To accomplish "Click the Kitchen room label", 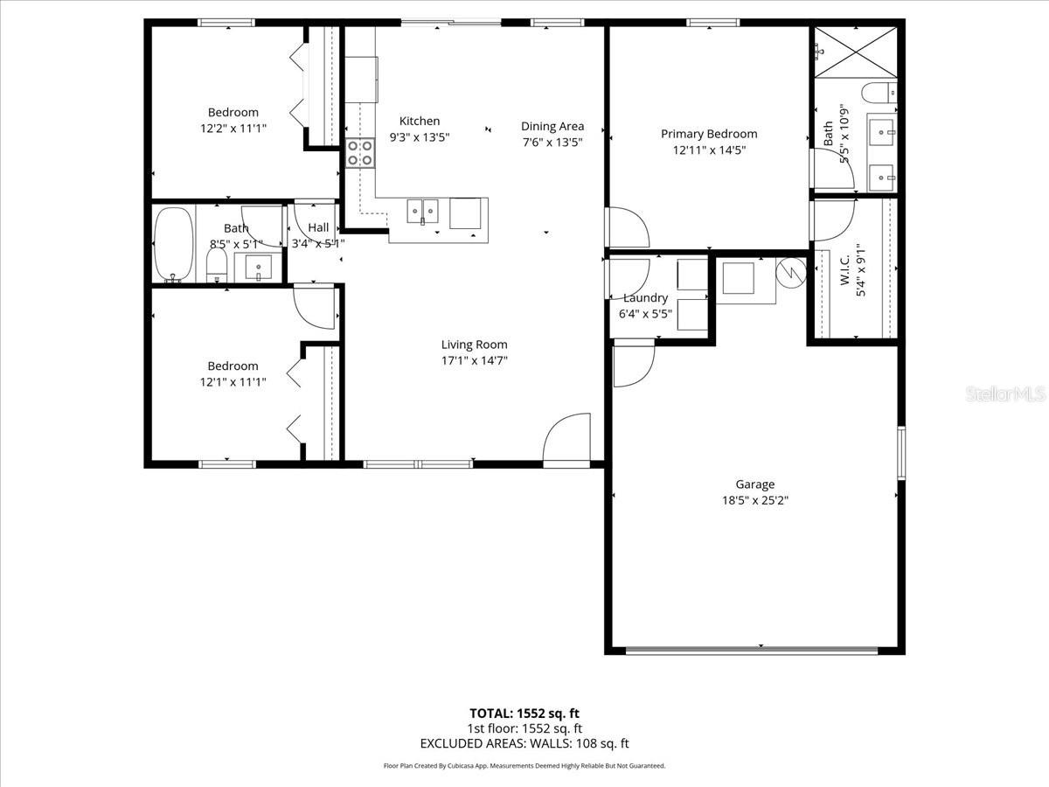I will coord(420,122).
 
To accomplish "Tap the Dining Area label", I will coord(552,127).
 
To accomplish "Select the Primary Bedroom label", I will coord(709,134).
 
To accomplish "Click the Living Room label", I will coord(474,345).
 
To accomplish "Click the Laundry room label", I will coord(645,298).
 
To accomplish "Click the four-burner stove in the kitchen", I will coord(360,153).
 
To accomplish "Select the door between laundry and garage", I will coord(633,364).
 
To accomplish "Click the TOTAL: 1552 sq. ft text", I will coord(524,713).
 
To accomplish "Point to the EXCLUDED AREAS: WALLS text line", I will coord(524,744).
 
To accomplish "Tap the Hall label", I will coord(318,227).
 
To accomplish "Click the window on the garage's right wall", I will coord(900,452).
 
